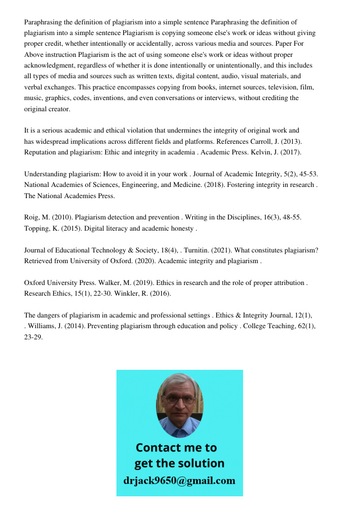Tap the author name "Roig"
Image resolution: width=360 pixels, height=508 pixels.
coord(33,217)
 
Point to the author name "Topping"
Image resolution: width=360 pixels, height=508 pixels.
coord(38,229)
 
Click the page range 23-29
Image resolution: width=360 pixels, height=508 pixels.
coord(34,337)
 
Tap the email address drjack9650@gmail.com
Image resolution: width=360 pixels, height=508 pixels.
coord(179,481)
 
